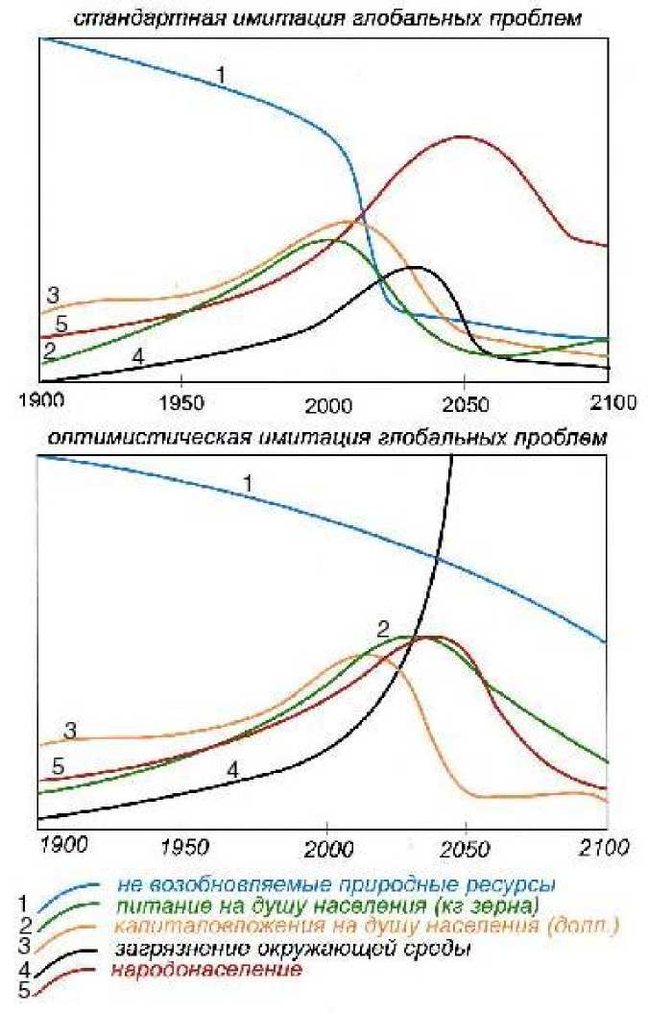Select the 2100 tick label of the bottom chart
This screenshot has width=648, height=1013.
pyautogui.click(x=607, y=847)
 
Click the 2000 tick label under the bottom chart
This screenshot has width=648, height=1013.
pyautogui.click(x=328, y=847)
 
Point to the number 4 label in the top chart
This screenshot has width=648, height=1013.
pyautogui.click(x=137, y=357)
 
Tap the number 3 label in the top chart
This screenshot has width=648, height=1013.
pyautogui.click(x=54, y=294)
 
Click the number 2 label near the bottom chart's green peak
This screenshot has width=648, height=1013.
pyautogui.click(x=383, y=629)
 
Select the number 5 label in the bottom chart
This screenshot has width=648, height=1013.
pyautogui.click(x=57, y=766)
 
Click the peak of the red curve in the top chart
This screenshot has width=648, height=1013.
pyautogui.click(x=465, y=136)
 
